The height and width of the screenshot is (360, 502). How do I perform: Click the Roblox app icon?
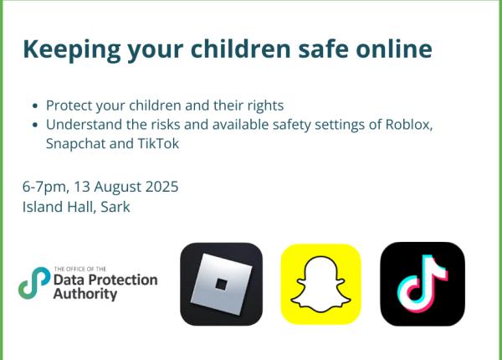coord(221,284)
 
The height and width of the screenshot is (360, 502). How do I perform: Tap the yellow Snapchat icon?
coord(320,284)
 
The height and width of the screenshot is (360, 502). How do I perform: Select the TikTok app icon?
coord(423,284)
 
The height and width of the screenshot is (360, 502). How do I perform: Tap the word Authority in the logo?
coord(85,295)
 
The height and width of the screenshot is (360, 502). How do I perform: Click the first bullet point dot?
coord(33,107)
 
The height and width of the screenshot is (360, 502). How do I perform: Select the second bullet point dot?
coord(33,126)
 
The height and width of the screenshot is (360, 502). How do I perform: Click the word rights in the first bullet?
coord(263,106)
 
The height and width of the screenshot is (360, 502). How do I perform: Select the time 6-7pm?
coord(46,186)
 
